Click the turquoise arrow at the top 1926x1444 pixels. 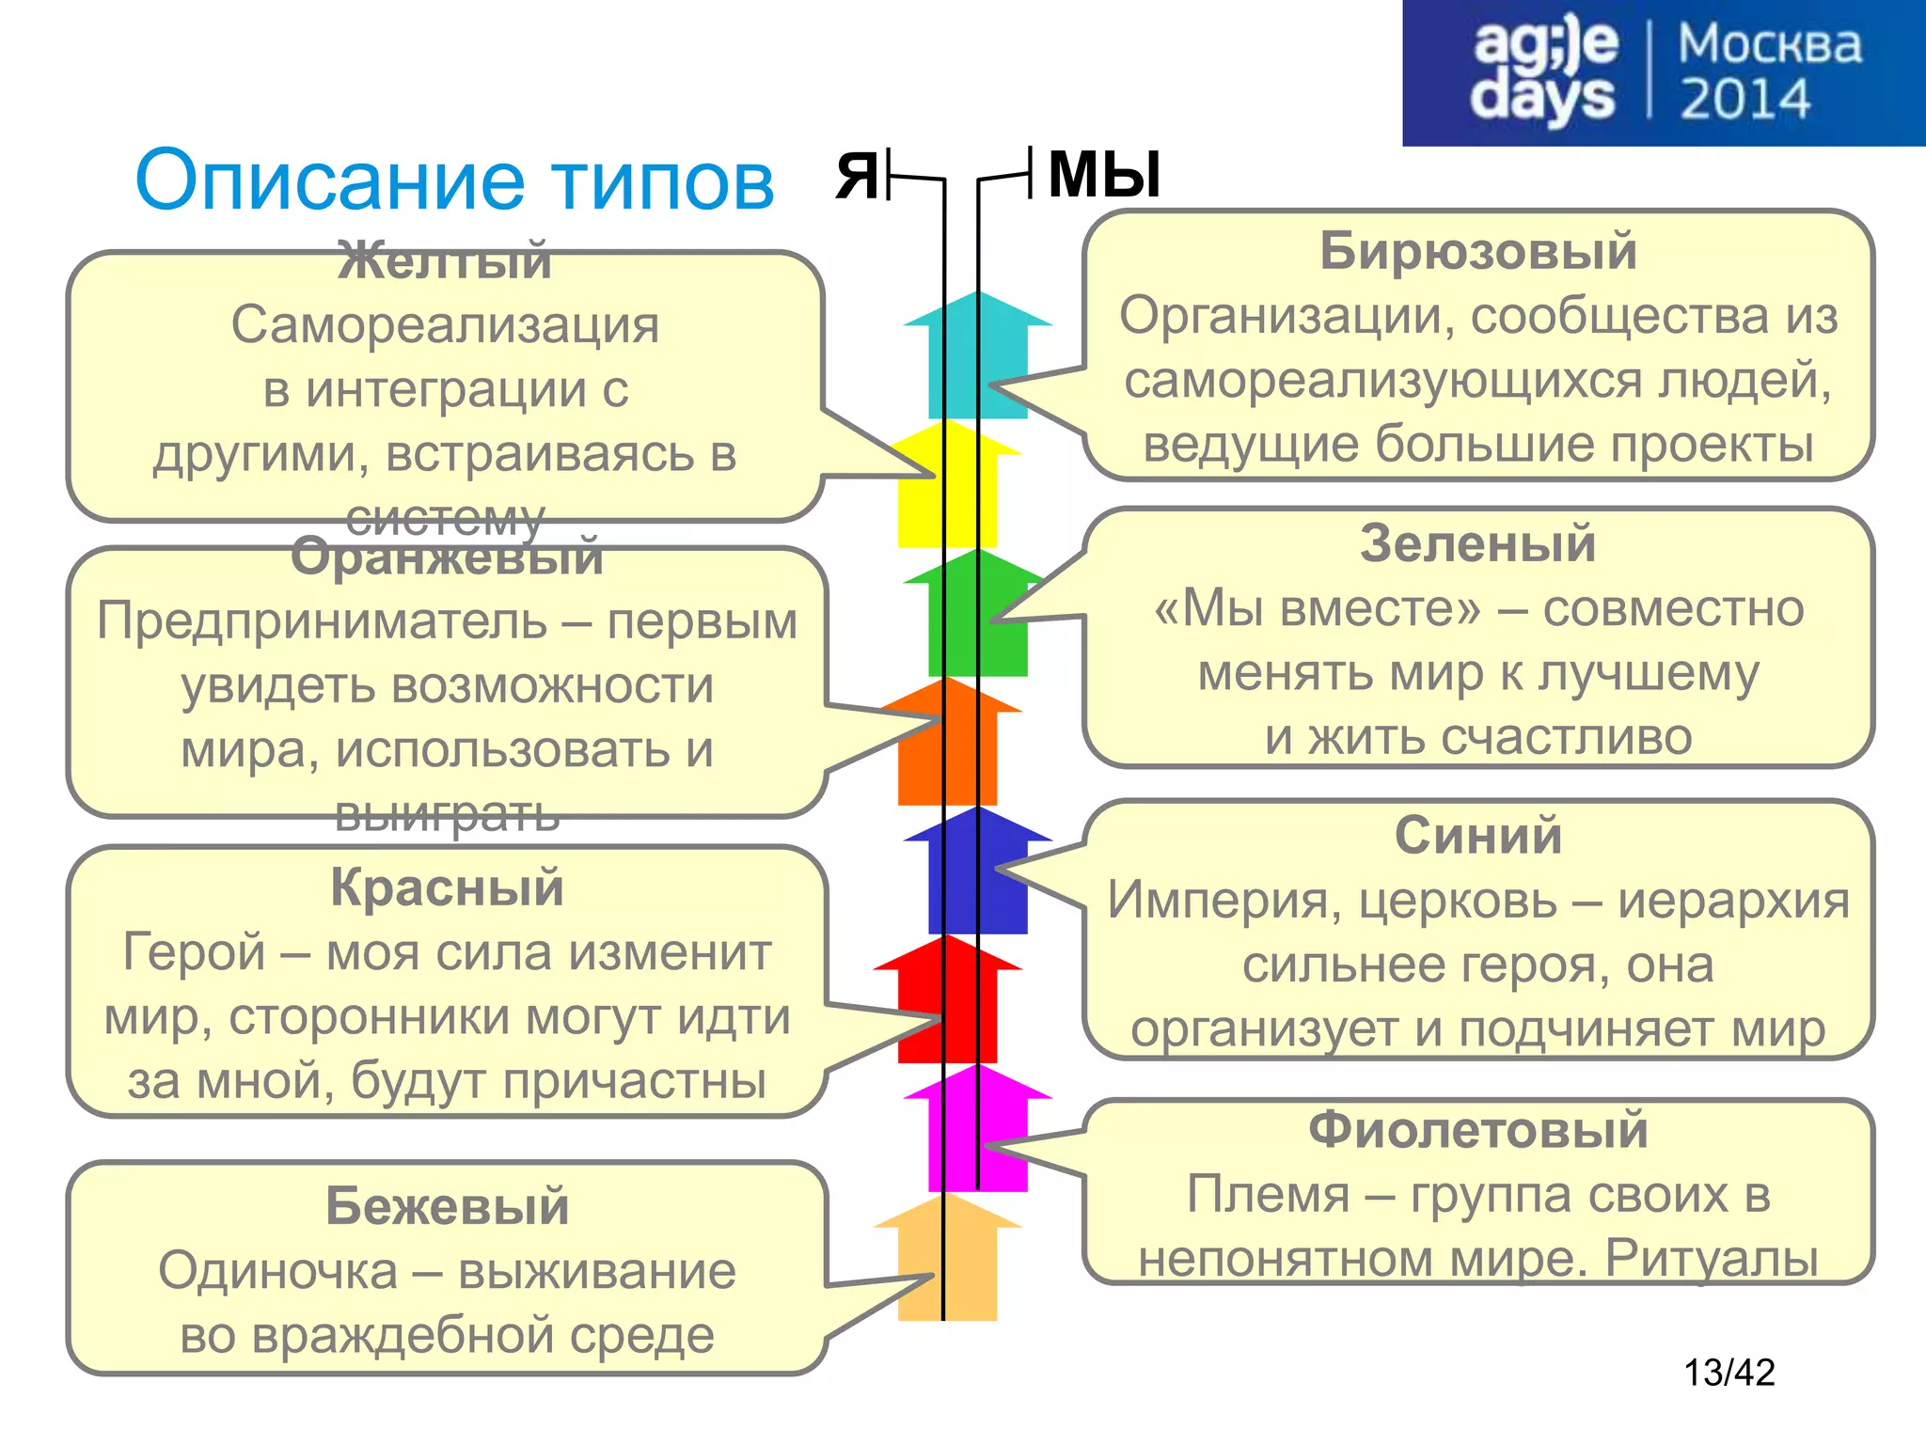point(978,357)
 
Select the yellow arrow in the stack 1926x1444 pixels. point(948,489)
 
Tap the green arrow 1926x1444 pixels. point(978,616)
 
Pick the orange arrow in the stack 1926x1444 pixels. point(948,747)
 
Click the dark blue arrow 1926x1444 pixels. point(978,874)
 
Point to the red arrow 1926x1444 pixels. point(948,1001)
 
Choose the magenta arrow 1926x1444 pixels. point(978,1133)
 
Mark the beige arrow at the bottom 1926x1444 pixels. point(948,1260)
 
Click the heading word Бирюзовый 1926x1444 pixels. point(1477,252)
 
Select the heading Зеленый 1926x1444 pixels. point(1477,544)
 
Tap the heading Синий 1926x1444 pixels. point(1477,836)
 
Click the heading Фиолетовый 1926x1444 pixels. point(1477,1129)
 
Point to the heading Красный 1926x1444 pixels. point(447,887)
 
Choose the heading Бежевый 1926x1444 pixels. point(447,1206)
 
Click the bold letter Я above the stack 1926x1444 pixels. point(857,176)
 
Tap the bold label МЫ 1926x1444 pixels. point(1104,175)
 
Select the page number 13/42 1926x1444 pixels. point(1729,1373)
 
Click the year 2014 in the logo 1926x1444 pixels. point(1744,100)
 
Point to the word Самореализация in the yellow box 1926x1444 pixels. point(445,325)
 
